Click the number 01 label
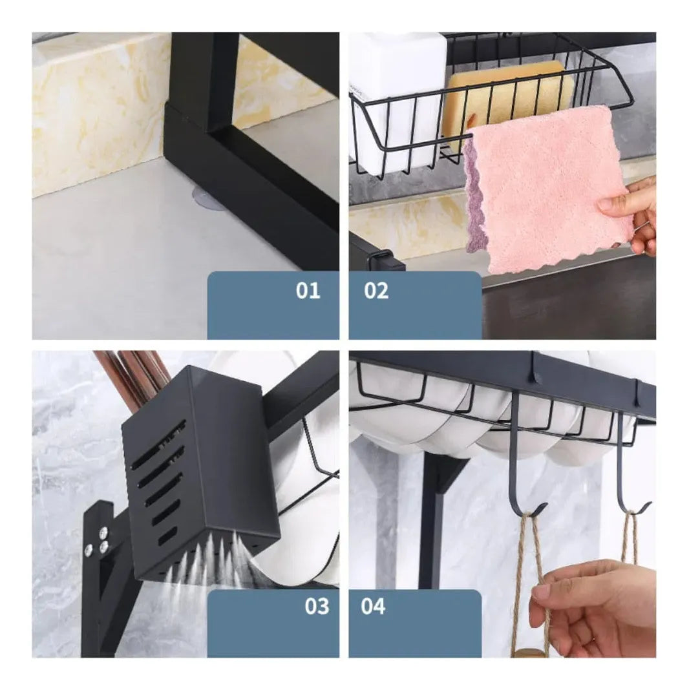tap(308, 291)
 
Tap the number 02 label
tap(376, 291)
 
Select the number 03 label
tap(317, 607)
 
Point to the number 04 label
tap(373, 607)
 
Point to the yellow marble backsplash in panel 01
tap(97, 116)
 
